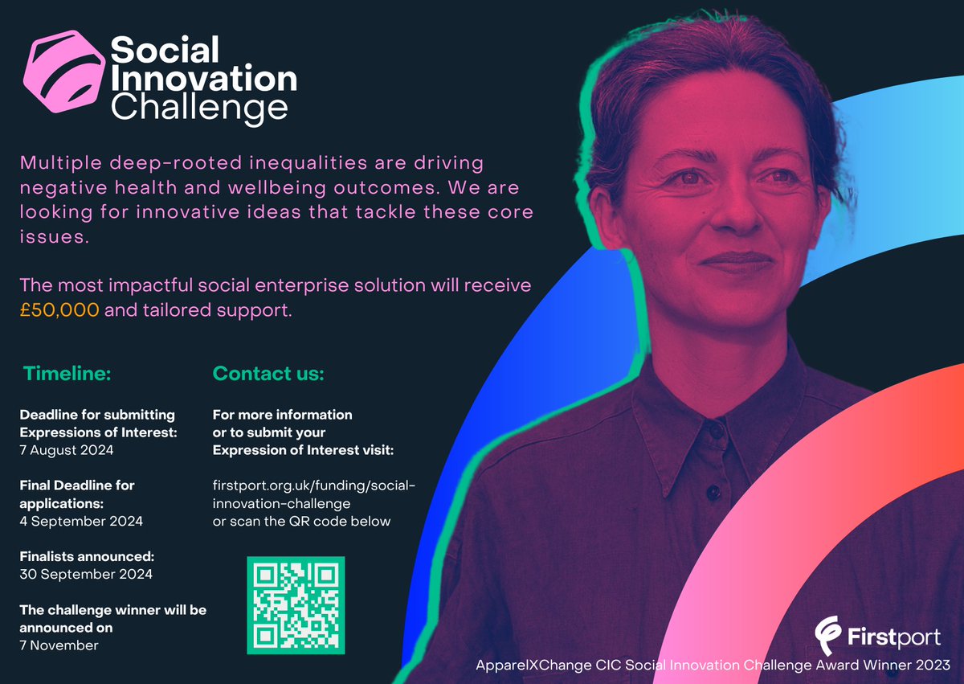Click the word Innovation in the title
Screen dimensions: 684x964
tap(203, 79)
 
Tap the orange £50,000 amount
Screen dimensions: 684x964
tap(59, 310)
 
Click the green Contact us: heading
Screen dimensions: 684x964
tap(268, 374)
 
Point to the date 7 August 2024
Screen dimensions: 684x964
tap(67, 450)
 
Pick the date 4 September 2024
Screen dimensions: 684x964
tap(81, 521)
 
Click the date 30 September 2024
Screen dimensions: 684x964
tap(86, 574)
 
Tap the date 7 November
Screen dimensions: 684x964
tap(59, 645)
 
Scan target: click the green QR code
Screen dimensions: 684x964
tap(295, 604)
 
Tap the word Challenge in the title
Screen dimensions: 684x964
tap(198, 107)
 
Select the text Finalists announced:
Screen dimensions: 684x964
tap(87, 556)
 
